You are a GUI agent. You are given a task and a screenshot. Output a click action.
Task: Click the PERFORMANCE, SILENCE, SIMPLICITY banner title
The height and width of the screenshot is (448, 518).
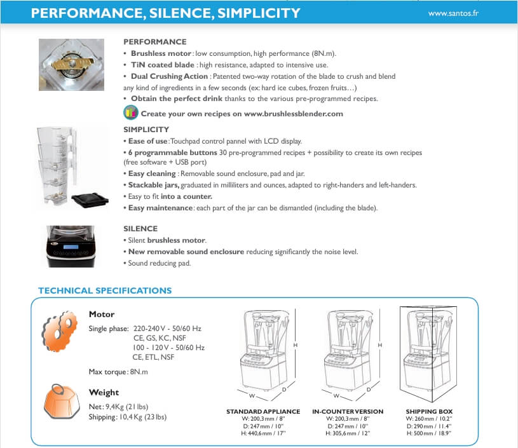[x=166, y=13]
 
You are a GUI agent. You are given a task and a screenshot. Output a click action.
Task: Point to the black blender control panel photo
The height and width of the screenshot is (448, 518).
[x=71, y=247]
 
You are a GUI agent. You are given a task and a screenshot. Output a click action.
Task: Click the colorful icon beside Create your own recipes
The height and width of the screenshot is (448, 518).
[x=130, y=114]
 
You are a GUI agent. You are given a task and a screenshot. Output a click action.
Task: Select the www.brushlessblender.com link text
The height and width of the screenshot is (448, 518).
[x=293, y=114]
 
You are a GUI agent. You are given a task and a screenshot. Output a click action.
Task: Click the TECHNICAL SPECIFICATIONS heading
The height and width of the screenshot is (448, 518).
[x=105, y=290]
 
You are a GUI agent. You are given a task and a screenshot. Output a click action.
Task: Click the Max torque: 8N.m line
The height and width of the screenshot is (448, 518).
[x=118, y=371]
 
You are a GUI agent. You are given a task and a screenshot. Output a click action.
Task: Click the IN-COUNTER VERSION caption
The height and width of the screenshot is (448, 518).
[x=348, y=412]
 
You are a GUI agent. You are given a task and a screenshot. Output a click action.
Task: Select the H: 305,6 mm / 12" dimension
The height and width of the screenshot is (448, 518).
[x=348, y=433]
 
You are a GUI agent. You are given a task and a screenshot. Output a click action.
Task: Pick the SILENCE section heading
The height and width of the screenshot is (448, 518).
[x=140, y=228]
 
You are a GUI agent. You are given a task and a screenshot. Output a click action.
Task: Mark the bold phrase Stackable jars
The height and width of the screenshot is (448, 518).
[x=153, y=185]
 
